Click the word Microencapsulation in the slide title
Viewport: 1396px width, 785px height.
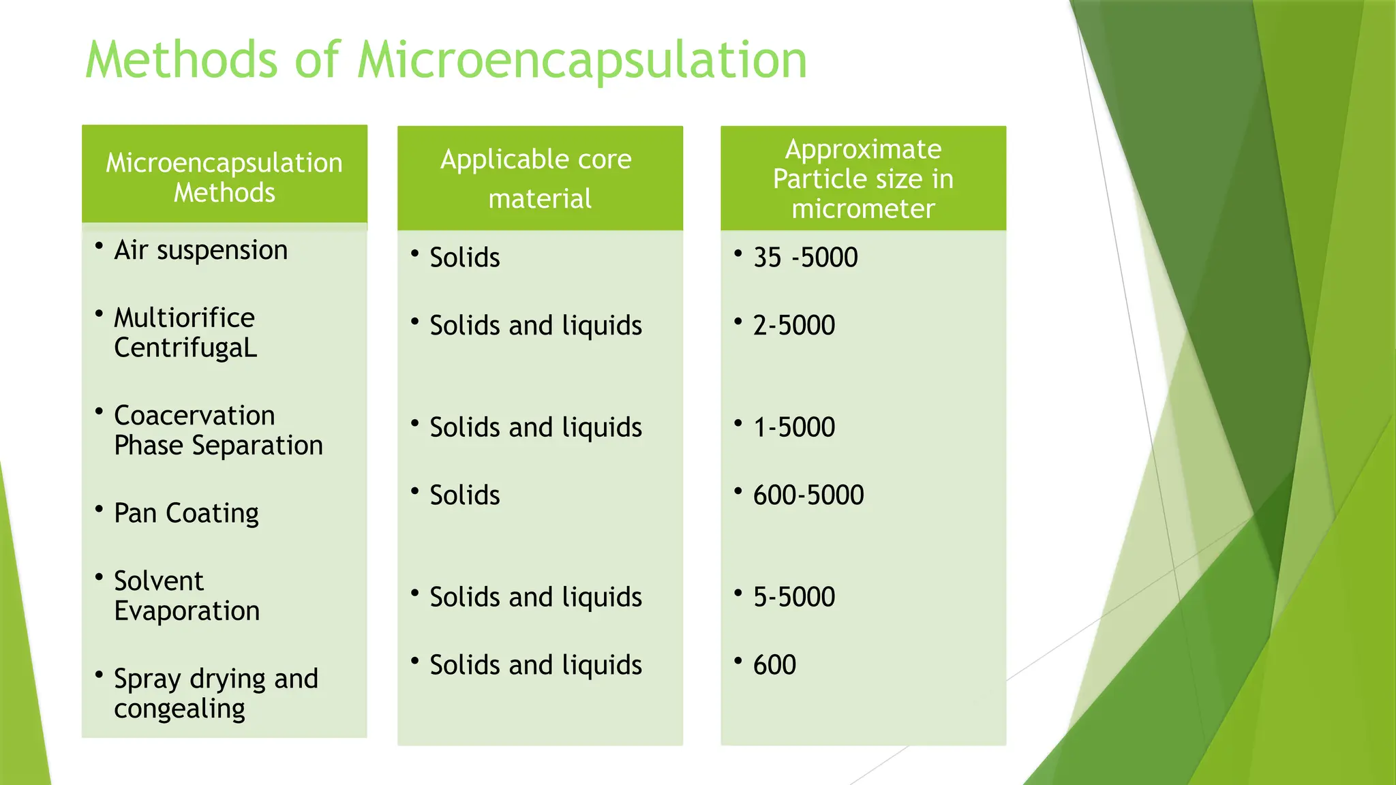[x=581, y=60]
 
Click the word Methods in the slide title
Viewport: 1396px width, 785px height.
[x=181, y=60]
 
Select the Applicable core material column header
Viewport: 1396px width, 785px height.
[x=539, y=179]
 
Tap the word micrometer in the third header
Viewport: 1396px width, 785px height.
[x=863, y=209]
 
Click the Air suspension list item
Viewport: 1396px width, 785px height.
[x=200, y=250]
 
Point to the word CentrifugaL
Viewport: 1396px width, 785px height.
[x=185, y=348]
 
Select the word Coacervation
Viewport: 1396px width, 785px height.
[x=194, y=416]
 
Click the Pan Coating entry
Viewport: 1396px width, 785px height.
[x=186, y=513]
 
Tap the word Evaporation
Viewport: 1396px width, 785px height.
[x=187, y=611]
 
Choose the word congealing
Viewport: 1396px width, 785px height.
[x=179, y=709]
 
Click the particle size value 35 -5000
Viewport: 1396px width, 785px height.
[x=805, y=258]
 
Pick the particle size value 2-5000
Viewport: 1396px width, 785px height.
[x=793, y=326]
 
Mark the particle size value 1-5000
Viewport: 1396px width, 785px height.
[x=793, y=427]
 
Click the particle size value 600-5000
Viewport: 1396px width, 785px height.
[x=808, y=495]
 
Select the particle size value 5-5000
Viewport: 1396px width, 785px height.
[x=793, y=597]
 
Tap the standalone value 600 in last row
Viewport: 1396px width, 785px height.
[x=774, y=665]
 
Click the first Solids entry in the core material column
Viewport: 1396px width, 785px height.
[x=464, y=258]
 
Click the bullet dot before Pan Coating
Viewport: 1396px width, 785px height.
[x=100, y=509]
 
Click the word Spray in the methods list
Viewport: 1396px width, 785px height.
[x=147, y=679]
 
